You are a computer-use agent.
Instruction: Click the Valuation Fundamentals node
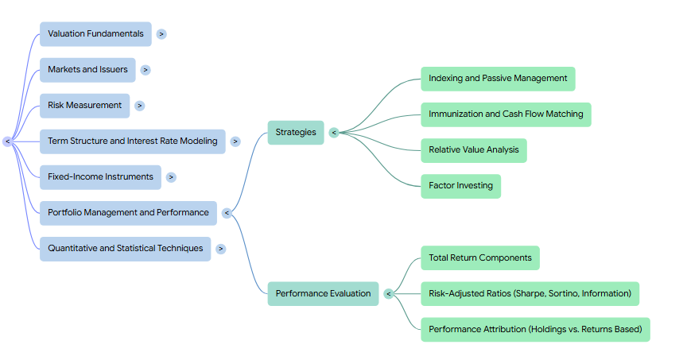96,34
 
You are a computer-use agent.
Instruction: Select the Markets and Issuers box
87,70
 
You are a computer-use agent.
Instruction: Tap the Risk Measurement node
85,106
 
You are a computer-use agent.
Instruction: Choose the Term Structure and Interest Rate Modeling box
133,141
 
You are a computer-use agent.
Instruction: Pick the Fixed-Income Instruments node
101,177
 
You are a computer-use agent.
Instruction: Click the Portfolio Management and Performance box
129,213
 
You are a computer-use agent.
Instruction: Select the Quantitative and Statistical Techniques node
126,249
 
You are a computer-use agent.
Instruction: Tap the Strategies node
296,133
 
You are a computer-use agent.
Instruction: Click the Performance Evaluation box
323,293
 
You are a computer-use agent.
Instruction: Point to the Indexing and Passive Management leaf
498,79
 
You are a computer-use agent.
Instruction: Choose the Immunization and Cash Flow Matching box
506,114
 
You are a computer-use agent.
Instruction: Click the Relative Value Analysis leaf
474,150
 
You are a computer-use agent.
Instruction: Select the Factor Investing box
461,186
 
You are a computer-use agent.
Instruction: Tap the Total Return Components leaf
480,257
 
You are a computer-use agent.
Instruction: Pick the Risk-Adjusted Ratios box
530,293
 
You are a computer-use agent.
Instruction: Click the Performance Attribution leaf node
536,329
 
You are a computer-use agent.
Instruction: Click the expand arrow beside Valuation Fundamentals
161,34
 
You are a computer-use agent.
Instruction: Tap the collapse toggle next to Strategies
334,133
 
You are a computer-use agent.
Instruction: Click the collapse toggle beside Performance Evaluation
389,294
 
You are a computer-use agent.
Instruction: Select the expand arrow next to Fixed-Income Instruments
171,177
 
